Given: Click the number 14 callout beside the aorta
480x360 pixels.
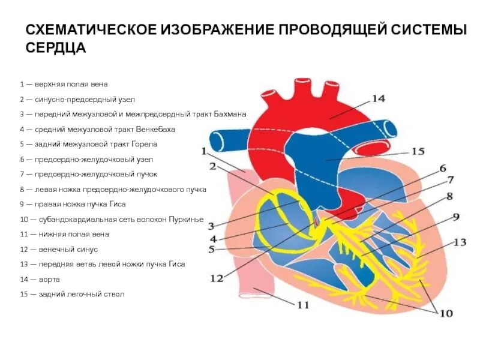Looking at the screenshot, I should [x=377, y=99].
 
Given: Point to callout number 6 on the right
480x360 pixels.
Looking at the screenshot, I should [x=443, y=169].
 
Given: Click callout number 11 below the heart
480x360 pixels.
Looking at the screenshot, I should [x=303, y=305].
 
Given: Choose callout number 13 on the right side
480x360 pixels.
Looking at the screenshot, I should [x=459, y=242].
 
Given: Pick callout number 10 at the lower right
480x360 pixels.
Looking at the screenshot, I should [x=446, y=313].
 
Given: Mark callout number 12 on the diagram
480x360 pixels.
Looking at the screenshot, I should [x=217, y=278].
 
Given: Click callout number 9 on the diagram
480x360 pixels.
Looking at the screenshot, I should [x=456, y=217].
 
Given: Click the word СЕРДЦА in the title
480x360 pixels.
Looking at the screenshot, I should [x=56, y=48].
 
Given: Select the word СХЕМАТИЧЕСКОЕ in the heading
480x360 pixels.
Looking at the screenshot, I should [x=91, y=30].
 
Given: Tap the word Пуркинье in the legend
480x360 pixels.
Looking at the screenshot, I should [x=188, y=219].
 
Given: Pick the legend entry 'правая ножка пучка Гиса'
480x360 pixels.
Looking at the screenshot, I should [x=74, y=204].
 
